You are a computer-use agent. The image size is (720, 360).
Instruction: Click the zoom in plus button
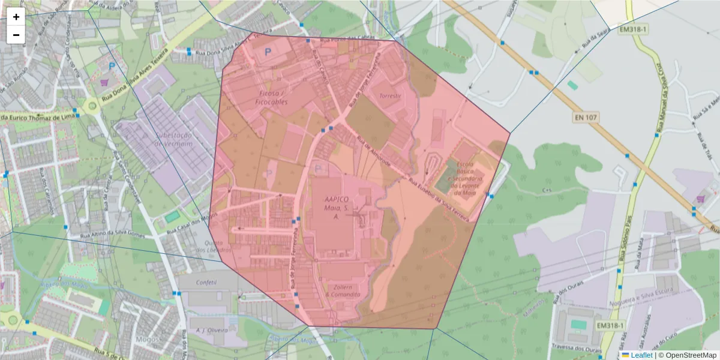16,17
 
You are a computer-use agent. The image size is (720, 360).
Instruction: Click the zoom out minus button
16,35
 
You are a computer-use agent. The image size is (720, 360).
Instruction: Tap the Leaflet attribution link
641,355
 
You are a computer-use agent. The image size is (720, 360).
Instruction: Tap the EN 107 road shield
585,118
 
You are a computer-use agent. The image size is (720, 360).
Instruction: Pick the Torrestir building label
390,96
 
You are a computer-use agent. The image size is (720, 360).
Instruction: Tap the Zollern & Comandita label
343,290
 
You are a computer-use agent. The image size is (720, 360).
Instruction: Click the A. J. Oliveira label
209,330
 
